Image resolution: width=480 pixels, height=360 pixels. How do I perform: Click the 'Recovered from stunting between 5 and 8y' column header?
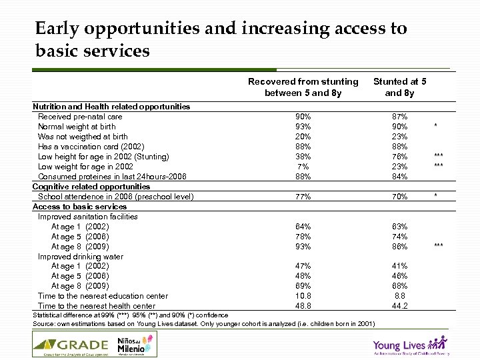click(x=303, y=87)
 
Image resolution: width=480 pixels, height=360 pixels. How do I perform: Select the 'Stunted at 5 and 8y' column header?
click(x=399, y=87)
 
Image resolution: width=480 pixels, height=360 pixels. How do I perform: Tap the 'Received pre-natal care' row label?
click(x=80, y=117)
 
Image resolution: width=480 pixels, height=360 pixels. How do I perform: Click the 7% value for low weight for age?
click(x=303, y=167)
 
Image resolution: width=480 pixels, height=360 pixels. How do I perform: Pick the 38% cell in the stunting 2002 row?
click(x=303, y=157)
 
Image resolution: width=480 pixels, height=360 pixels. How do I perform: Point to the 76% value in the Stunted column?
click(x=399, y=157)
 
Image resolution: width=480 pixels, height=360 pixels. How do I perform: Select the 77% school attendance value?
click(x=303, y=197)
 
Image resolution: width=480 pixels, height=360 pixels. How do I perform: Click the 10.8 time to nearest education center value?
click(x=303, y=296)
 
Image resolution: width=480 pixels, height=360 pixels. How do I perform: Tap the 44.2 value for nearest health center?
click(x=399, y=306)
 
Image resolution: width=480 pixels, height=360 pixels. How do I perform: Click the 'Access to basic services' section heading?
click(x=79, y=207)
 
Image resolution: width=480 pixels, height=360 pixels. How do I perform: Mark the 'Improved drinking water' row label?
click(x=81, y=257)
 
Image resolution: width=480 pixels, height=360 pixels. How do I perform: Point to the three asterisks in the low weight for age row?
click(x=438, y=167)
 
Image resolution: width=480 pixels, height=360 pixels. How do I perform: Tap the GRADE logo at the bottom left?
click(x=71, y=344)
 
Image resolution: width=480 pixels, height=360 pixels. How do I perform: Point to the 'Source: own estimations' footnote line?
click(x=203, y=324)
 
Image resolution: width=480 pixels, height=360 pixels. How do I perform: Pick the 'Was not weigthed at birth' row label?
click(x=83, y=137)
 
